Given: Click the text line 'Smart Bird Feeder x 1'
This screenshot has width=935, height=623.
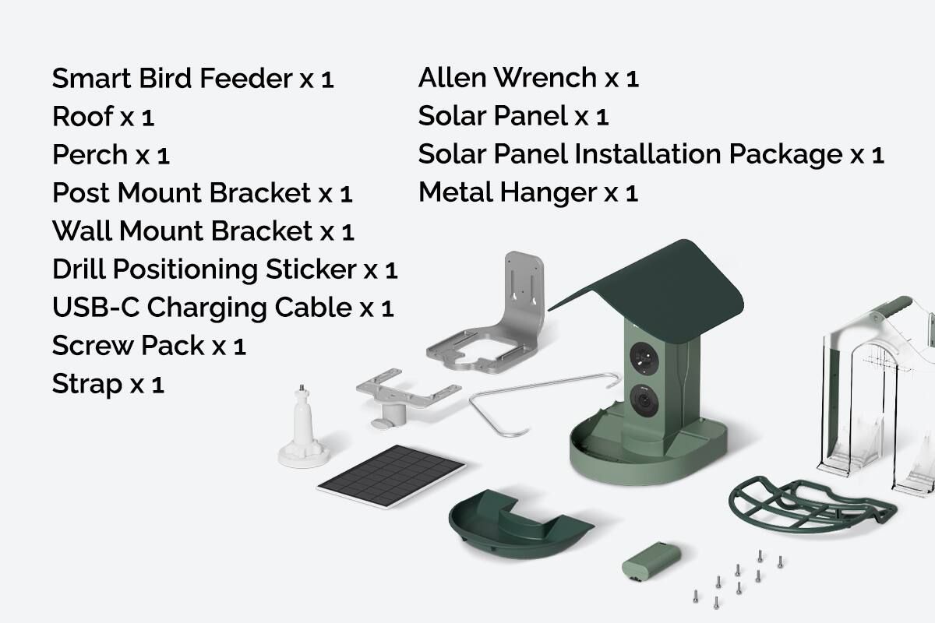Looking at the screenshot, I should point(192,78).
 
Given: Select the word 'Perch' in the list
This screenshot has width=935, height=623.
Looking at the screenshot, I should point(90,154).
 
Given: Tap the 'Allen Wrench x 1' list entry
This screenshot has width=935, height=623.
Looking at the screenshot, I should point(528,78).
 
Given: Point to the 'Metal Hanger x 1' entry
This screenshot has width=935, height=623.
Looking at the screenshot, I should point(528,192).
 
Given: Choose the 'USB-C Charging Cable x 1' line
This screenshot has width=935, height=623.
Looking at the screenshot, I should point(222,308).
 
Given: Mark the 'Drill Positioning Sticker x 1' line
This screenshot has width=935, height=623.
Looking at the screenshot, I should point(224,269).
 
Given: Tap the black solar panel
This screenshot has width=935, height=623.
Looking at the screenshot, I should point(392,476).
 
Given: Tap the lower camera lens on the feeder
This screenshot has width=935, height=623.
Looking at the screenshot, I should point(645,403).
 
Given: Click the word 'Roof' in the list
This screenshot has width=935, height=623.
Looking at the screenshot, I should point(83,116).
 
